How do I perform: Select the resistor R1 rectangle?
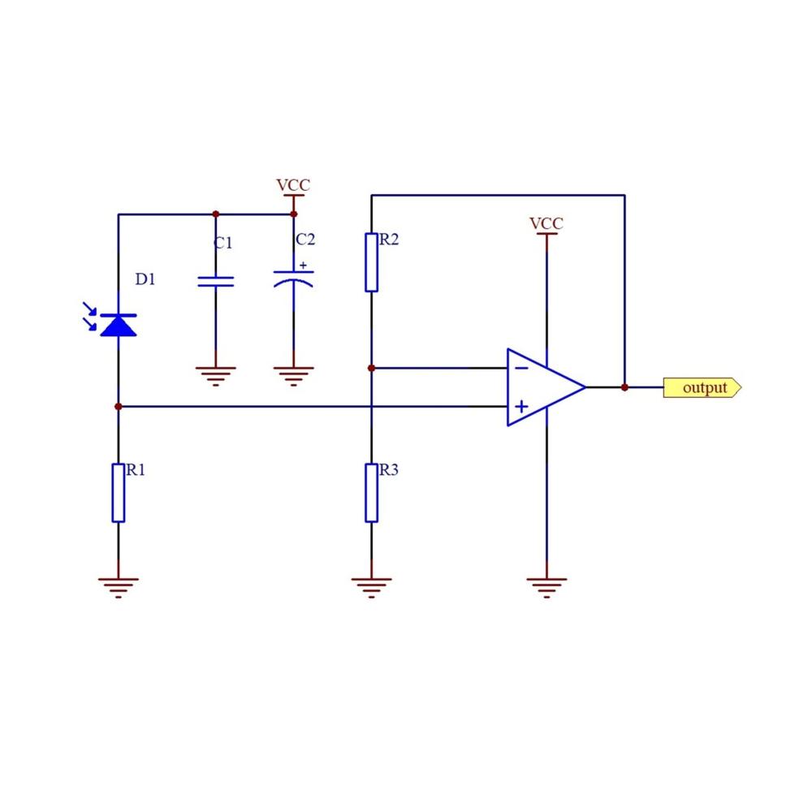coord(118,493)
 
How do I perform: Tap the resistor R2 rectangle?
coord(371,262)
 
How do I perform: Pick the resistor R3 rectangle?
coord(371,493)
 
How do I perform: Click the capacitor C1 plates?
coord(215,281)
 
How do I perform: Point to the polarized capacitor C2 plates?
coord(293,279)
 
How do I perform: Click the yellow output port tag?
coord(702,387)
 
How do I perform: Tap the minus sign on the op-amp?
coord(521,368)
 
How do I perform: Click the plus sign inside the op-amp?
coord(521,407)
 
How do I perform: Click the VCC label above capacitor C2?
coord(293,185)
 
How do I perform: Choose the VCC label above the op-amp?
coord(546,223)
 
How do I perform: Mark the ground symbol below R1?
coord(118,588)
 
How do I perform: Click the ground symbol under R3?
coord(371,588)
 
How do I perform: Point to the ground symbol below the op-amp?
coord(546,588)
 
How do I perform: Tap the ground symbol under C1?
coord(215,377)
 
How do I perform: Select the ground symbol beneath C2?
coord(293,377)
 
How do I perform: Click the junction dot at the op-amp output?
coord(624,387)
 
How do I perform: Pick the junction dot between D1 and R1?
coord(118,407)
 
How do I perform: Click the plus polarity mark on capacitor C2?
coord(303,266)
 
